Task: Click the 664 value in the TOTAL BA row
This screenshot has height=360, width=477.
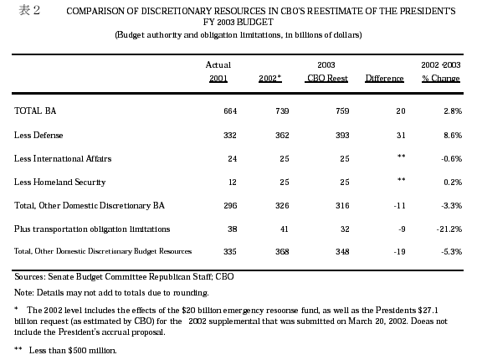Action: (230, 111)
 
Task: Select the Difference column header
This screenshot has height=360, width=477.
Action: (384, 79)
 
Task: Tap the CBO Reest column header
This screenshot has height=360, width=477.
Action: (327, 79)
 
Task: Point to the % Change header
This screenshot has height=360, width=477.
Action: (441, 79)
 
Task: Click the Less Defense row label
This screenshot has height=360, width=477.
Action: (38, 135)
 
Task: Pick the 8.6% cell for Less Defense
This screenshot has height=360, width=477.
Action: (453, 135)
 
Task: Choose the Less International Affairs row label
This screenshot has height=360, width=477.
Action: (63, 158)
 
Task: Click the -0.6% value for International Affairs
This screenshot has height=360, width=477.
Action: (452, 158)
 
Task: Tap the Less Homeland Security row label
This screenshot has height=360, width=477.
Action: (60, 182)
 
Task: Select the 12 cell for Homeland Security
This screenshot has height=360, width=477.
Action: (233, 182)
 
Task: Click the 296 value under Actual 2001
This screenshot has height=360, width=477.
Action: (230, 205)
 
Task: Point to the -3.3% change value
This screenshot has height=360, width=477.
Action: (452, 205)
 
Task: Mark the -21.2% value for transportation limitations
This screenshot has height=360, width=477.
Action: (449, 229)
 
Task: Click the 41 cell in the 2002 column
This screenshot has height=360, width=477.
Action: (285, 229)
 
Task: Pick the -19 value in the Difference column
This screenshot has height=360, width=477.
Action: (399, 252)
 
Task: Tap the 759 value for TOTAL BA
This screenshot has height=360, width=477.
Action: (342, 111)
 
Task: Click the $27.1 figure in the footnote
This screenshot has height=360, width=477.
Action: (428, 310)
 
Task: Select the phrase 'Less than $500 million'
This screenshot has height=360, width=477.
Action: (73, 350)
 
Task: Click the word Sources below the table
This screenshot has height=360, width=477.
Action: (30, 276)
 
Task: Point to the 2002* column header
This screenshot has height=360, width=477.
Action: (270, 79)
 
